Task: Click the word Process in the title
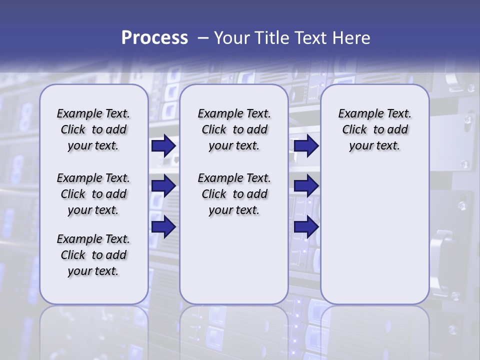pos(154,38)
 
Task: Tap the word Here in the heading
pos(351,38)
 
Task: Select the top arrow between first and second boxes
pos(163,146)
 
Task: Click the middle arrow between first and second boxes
pos(163,186)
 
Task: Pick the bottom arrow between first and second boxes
pos(163,226)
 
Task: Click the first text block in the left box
pos(93,129)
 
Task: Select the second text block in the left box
pos(93,194)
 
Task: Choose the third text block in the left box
pos(93,255)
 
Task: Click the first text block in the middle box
pos(234,129)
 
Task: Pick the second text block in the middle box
pos(234,194)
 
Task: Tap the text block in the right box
pos(375,129)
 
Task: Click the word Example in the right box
pos(357,114)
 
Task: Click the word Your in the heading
pos(231,38)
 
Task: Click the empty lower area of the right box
pos(375,240)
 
